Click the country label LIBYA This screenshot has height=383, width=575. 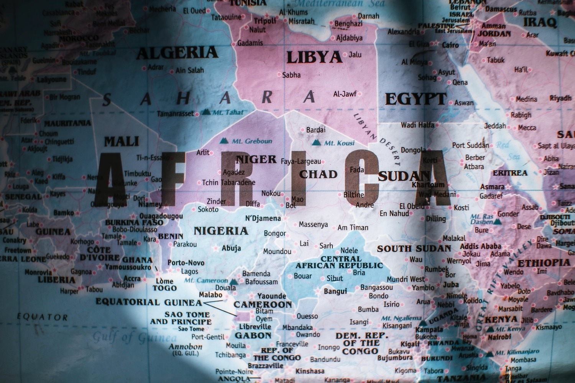pyautogui.click(x=314, y=57)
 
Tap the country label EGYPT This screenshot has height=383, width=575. pyautogui.click(x=415, y=99)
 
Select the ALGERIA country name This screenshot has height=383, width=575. pyautogui.click(x=177, y=53)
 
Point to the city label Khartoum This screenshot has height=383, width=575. pyautogui.click(x=428, y=185)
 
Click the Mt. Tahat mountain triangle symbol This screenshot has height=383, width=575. pyautogui.click(x=206, y=112)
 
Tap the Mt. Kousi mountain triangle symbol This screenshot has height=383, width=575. pyautogui.click(x=316, y=143)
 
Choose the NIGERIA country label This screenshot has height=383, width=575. pyautogui.click(x=221, y=231)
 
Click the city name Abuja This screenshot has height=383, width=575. pyautogui.click(x=231, y=248)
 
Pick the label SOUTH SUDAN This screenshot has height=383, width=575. pyautogui.click(x=414, y=249)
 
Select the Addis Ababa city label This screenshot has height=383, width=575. pyautogui.click(x=480, y=246)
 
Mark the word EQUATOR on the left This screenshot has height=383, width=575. pyautogui.click(x=42, y=317)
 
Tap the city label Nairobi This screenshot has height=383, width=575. pyautogui.click(x=499, y=337)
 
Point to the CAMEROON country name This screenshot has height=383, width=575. pyautogui.click(x=263, y=305)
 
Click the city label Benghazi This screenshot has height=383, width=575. pyautogui.click(x=348, y=24)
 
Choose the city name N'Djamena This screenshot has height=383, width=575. pyautogui.click(x=263, y=219)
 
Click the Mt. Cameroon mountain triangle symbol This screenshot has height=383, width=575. pyautogui.click(x=233, y=281)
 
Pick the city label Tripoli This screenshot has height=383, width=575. pyautogui.click(x=265, y=21)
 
